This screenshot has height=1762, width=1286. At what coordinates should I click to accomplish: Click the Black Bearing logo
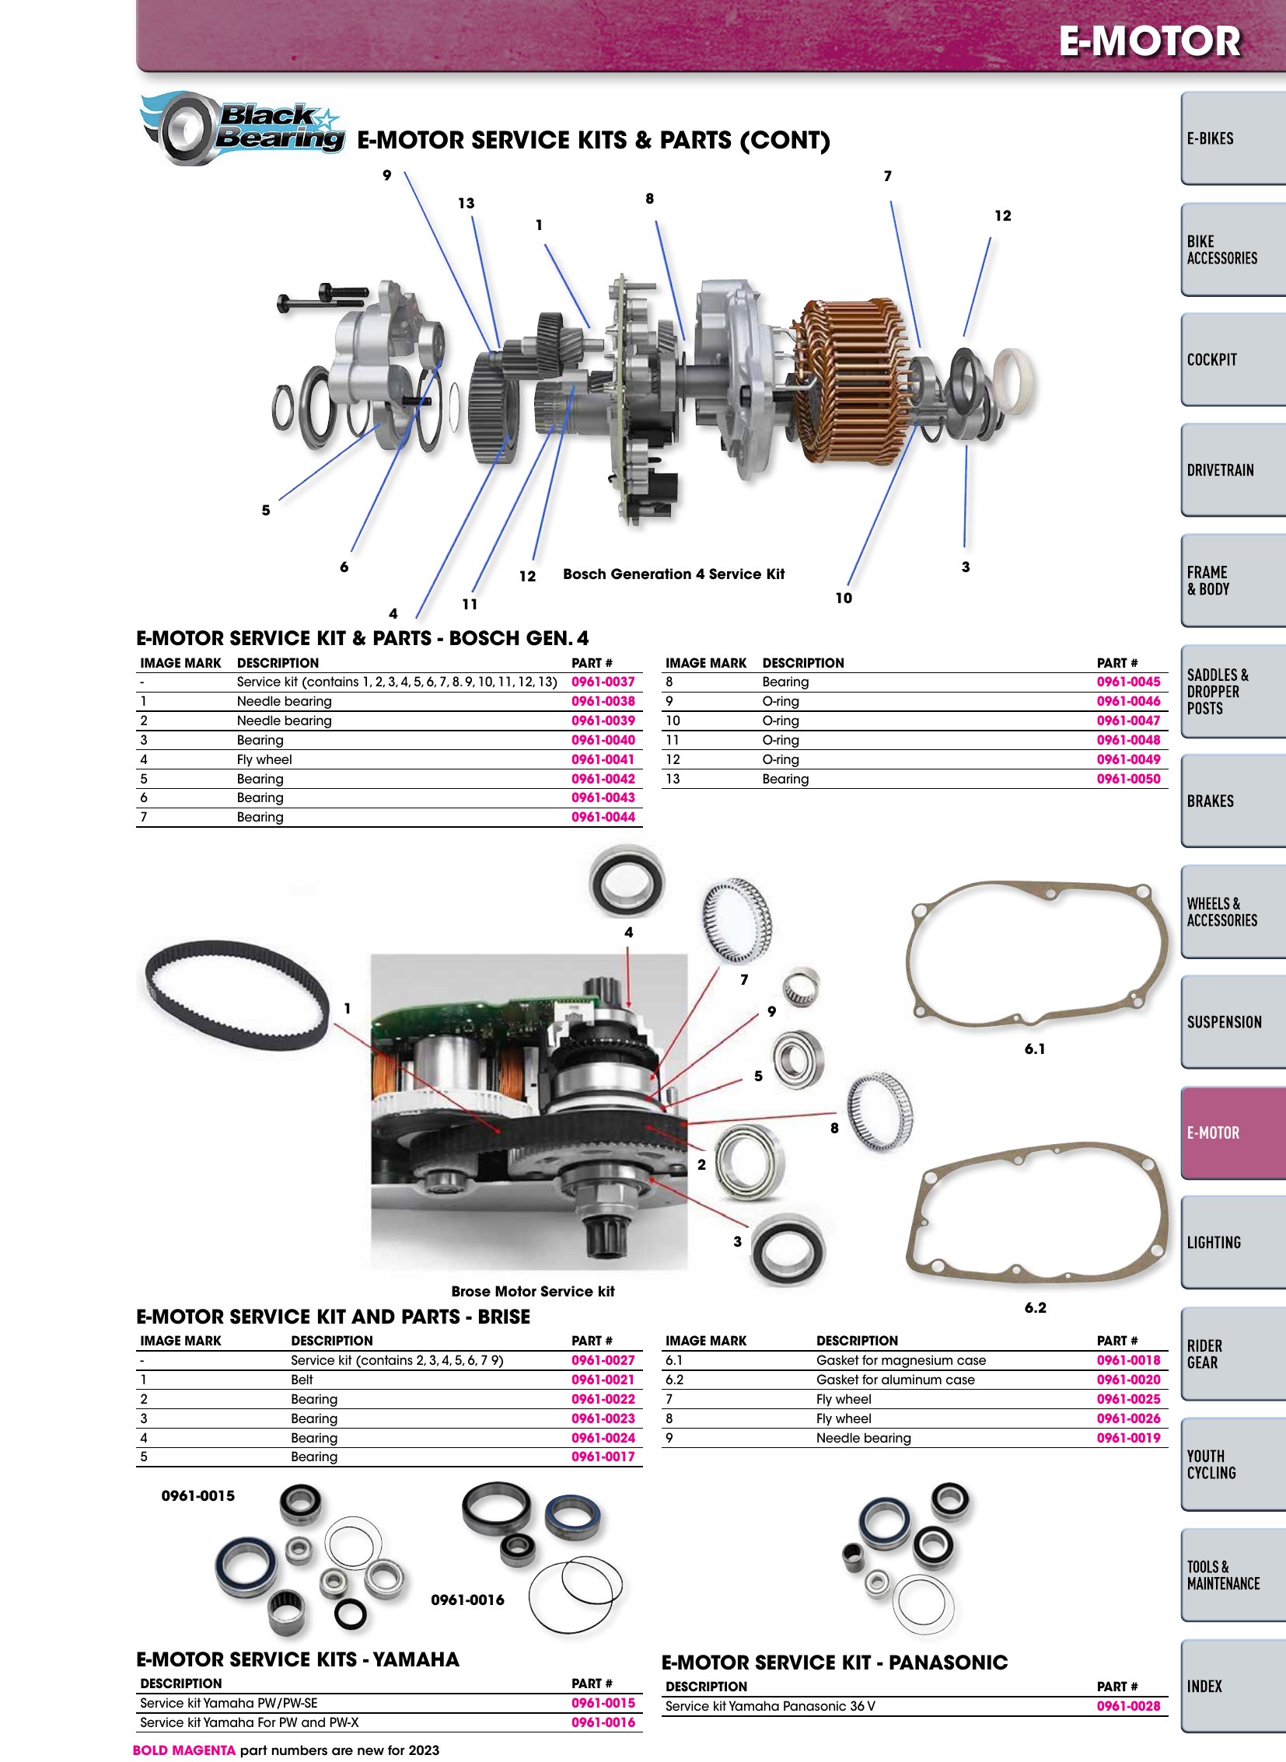[x=242, y=128]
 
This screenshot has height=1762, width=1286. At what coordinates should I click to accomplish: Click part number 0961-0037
[x=603, y=682]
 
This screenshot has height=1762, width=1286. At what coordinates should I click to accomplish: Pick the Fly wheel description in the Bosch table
[x=264, y=759]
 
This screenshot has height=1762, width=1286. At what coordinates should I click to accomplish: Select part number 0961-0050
[x=1129, y=779]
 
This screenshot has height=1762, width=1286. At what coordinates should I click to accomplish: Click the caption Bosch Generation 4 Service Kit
[x=673, y=574]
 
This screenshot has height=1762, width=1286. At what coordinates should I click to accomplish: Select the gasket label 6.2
[x=1036, y=1307]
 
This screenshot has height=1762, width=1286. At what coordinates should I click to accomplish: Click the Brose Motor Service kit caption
[x=533, y=1291]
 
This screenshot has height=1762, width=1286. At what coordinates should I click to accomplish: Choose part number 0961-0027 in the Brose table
[x=603, y=1360]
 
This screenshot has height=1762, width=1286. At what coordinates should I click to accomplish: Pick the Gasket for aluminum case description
[x=895, y=1380]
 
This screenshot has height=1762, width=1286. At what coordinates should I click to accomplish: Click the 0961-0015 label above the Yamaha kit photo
[x=197, y=1496]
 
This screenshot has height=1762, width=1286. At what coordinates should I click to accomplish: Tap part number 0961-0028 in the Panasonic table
[x=1129, y=1706]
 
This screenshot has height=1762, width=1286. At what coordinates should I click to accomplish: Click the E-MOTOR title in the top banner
[x=1150, y=41]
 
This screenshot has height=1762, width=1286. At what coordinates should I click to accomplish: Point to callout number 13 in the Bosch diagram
[x=466, y=203]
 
